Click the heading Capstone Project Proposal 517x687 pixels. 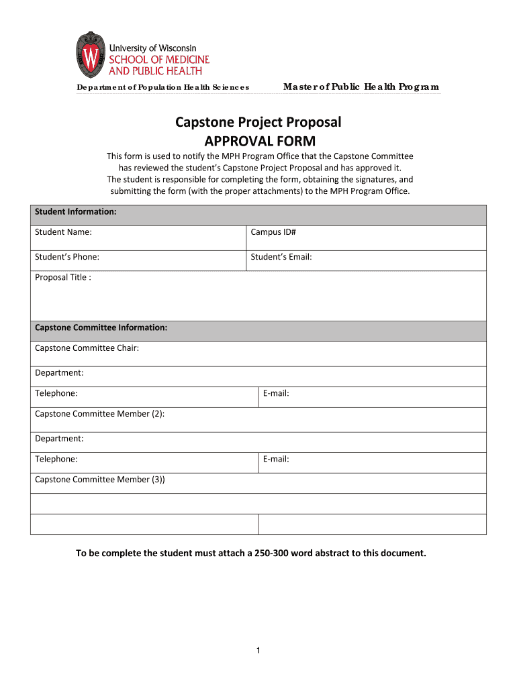pos(258,122)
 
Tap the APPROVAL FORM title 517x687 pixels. pos(258,141)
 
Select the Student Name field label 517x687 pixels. pos(63,232)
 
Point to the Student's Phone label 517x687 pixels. pos(67,256)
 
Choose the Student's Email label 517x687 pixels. pos(281,256)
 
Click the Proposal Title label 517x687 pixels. pos(62,277)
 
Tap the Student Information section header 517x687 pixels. pos(76,211)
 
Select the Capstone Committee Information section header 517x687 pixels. pos(101,327)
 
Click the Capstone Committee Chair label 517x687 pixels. pos(87,348)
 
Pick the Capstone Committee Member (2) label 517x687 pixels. pos(99,413)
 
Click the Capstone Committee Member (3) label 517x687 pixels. pos(99,479)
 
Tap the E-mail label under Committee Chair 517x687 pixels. pos(276,393)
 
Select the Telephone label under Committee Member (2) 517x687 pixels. pos(56,459)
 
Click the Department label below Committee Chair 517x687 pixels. pos(59,372)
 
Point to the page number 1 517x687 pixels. pos(258,650)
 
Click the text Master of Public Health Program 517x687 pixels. pos(361,87)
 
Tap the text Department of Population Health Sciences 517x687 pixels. pos(162,87)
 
